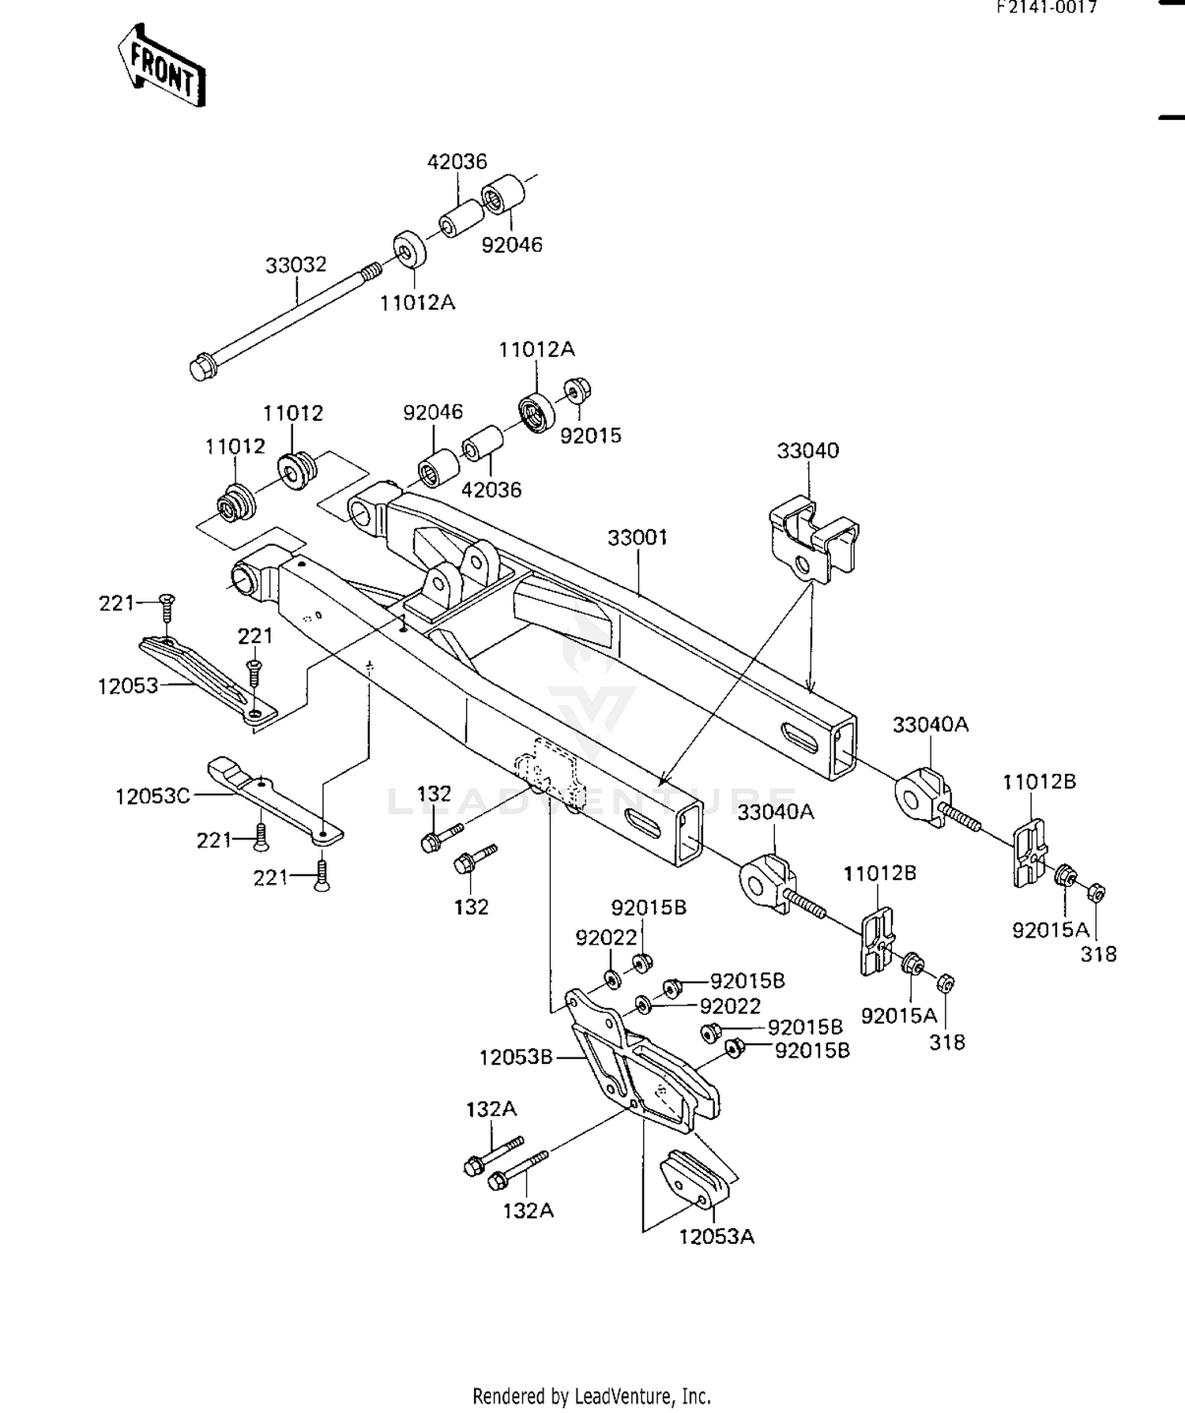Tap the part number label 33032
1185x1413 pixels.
click(x=295, y=265)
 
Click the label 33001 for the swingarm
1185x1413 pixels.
click(x=638, y=538)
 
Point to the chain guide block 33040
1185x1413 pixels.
click(x=813, y=537)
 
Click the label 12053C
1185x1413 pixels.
click(x=152, y=796)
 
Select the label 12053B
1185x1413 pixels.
click(x=515, y=1057)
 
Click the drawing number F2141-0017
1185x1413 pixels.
click(x=1046, y=8)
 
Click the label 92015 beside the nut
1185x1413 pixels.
click(x=590, y=435)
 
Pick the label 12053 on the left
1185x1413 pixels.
click(x=128, y=686)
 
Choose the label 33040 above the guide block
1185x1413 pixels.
click(x=807, y=451)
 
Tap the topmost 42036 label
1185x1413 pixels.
click(x=457, y=162)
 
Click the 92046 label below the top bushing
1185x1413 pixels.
click(x=512, y=245)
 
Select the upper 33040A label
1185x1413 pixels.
click(x=930, y=724)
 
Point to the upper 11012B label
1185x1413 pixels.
click(x=1039, y=782)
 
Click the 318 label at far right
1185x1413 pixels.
click(x=1098, y=954)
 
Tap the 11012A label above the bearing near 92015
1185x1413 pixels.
click(x=536, y=349)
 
